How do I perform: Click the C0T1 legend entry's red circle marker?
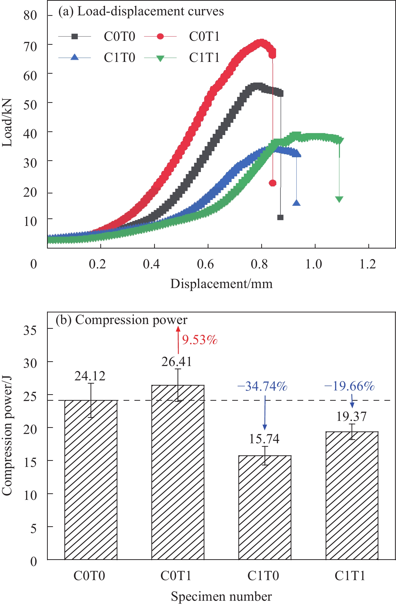(x=160, y=36)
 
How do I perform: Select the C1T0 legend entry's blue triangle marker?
(x=74, y=57)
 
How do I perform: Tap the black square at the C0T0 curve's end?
(x=280, y=217)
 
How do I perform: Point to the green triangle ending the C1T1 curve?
(x=339, y=199)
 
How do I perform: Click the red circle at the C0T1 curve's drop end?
(x=273, y=183)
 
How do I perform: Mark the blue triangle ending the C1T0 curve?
(x=296, y=203)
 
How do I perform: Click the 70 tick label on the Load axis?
(x=30, y=47)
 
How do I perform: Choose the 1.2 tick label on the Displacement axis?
(x=367, y=264)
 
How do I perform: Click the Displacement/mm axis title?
(x=221, y=284)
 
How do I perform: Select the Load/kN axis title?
(x=7, y=123)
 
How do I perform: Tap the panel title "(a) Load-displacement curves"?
(x=141, y=11)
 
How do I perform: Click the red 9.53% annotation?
(x=200, y=340)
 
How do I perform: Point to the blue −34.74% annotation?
(x=262, y=386)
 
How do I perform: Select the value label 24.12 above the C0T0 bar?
(x=90, y=376)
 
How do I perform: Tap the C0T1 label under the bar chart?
(x=176, y=576)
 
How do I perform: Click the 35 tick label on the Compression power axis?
(x=30, y=331)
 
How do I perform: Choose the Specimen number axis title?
(x=221, y=596)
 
